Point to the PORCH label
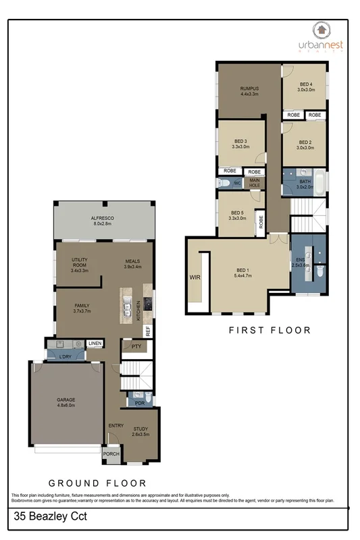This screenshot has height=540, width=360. pos(111,454)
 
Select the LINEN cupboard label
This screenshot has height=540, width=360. pos(95,343)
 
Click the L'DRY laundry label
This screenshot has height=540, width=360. pos(66,356)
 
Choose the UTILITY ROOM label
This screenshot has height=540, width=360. pos(80,263)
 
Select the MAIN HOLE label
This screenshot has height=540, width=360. pos(255,182)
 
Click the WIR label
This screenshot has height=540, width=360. pos(195,276)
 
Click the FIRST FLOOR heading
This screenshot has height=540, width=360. pos(269,330)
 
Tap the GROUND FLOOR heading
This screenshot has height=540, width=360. pos(97,483)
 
